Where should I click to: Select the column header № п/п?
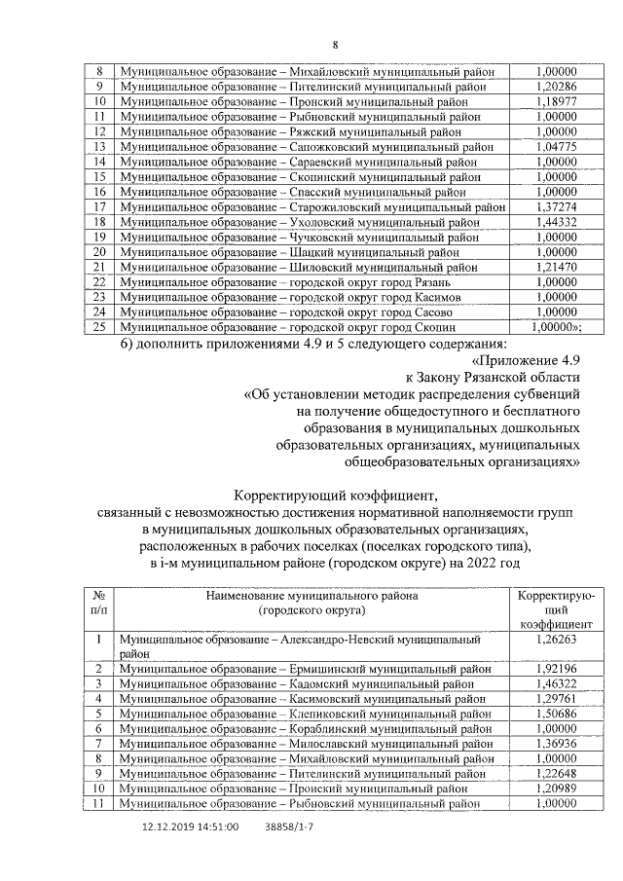[98, 604]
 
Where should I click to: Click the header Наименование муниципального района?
[311, 596]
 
